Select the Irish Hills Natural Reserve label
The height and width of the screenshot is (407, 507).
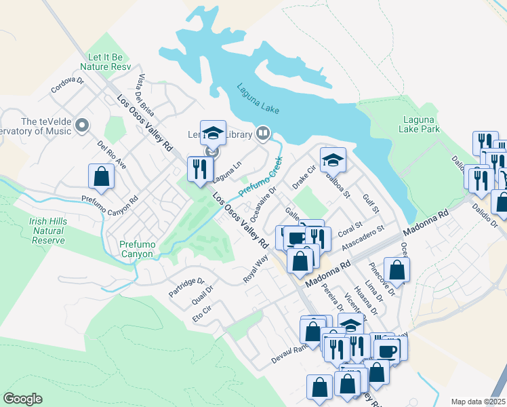coord(47,231)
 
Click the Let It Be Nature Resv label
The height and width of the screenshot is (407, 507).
coord(105,62)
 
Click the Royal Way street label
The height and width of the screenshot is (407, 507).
coord(257,271)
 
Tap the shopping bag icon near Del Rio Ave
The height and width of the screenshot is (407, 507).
coord(101,176)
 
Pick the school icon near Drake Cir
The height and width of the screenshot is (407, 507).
coord(333,160)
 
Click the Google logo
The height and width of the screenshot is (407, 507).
coord(22,399)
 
